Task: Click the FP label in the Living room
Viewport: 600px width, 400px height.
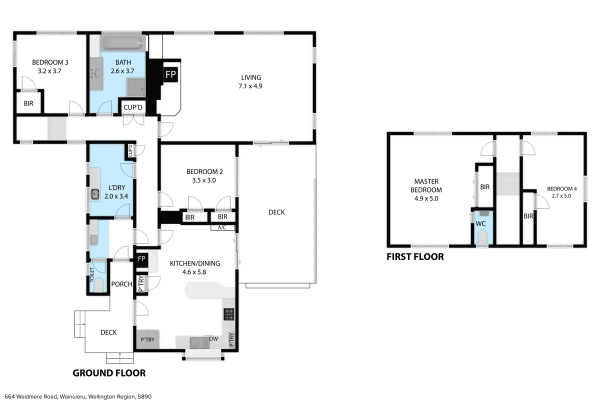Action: [x=170, y=74]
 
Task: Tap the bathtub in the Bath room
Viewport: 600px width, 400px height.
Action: [x=123, y=43]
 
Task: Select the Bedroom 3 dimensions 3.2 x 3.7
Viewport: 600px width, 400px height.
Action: [x=49, y=71]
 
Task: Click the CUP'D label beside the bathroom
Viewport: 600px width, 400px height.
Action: [x=133, y=107]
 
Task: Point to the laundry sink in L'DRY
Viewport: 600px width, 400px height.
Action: [x=95, y=194]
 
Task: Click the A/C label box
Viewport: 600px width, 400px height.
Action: [x=222, y=227]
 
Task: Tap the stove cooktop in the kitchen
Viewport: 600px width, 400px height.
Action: [x=229, y=314]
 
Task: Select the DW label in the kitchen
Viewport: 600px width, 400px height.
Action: [x=213, y=339]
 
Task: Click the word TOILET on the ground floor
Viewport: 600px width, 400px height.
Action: [x=92, y=274]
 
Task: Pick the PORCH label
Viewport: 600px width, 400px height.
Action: [x=121, y=284]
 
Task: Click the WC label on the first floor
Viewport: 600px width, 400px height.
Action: [x=480, y=223]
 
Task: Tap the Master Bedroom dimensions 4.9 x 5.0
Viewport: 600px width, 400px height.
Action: [x=426, y=198]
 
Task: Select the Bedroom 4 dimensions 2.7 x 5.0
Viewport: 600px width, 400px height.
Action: [x=561, y=196]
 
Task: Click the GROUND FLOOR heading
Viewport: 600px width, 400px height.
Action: [x=109, y=373]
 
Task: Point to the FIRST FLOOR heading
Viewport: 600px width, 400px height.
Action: [x=415, y=256]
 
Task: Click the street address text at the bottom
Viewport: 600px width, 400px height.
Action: [x=78, y=396]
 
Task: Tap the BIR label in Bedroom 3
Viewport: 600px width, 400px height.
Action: [x=28, y=103]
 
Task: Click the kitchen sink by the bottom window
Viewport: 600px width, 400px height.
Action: [x=199, y=343]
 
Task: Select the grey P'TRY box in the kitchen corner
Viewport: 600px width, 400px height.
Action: [x=148, y=339]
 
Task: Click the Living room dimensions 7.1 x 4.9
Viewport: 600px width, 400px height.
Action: [x=250, y=86]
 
